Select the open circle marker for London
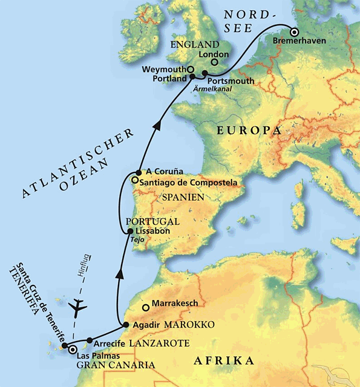click(213, 62)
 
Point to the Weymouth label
click(162, 70)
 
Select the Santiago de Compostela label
click(180, 181)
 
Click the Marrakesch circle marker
click(145, 307)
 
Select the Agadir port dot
click(126, 325)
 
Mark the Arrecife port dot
click(89, 340)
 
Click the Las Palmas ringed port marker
click(73, 350)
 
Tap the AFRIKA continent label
click(223, 361)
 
